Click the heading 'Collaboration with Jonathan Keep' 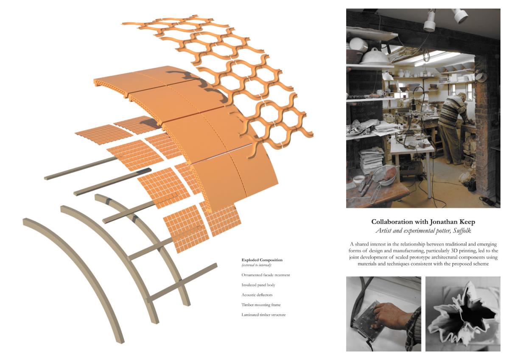[x=423, y=222]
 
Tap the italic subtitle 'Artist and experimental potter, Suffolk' [x=423, y=231]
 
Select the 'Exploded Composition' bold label [x=262, y=260]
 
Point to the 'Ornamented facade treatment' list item [x=266, y=275]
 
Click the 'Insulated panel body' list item [x=258, y=285]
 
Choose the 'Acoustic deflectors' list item [x=257, y=295]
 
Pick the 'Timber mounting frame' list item [x=261, y=305]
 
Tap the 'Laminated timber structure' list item [x=263, y=315]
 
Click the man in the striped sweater [x=451, y=127]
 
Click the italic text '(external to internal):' [x=257, y=265]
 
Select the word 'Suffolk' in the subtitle [x=462, y=231]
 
